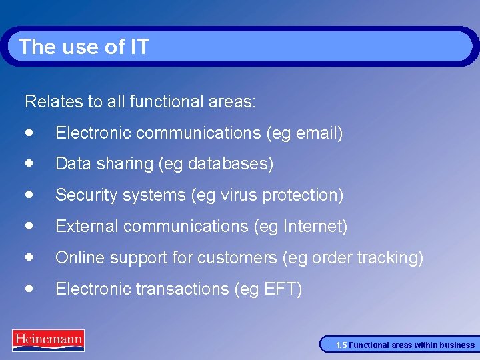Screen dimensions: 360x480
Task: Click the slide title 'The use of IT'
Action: (x=84, y=47)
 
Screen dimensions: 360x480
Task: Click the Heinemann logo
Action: (x=48, y=340)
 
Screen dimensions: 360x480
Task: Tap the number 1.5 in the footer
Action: (x=341, y=345)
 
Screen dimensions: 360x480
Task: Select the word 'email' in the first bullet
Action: (x=316, y=133)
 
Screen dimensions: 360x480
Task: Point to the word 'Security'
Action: (x=85, y=195)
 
